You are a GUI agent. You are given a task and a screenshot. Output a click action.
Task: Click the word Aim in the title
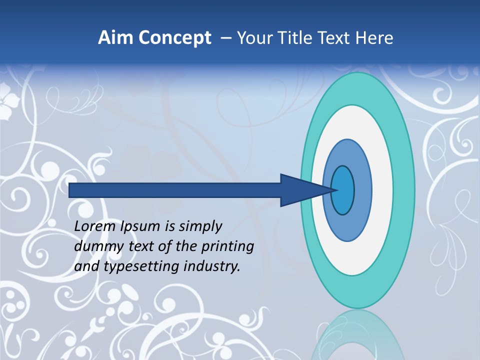[x=115, y=37]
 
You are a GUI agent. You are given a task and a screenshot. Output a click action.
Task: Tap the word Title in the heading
[x=289, y=37]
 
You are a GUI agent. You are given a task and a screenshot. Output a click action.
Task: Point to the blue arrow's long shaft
[x=175, y=190]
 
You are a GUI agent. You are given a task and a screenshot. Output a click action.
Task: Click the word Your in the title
[x=252, y=37]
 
